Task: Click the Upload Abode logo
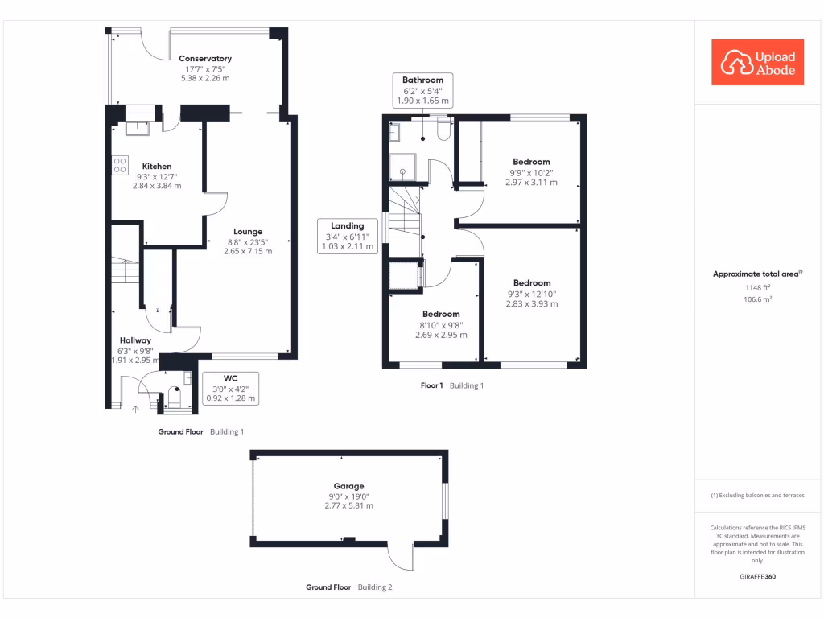[x=757, y=63]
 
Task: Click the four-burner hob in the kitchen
[x=121, y=165]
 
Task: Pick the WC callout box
[x=230, y=387]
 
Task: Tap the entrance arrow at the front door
[x=135, y=410]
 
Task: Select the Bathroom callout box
[x=422, y=90]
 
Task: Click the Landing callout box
[x=348, y=237]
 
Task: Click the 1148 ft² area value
[x=757, y=286]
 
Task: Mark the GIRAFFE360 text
[x=757, y=577]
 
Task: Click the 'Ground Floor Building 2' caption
[x=349, y=587]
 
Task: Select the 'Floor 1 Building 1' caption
[x=452, y=385]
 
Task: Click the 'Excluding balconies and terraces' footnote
[x=757, y=496]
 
